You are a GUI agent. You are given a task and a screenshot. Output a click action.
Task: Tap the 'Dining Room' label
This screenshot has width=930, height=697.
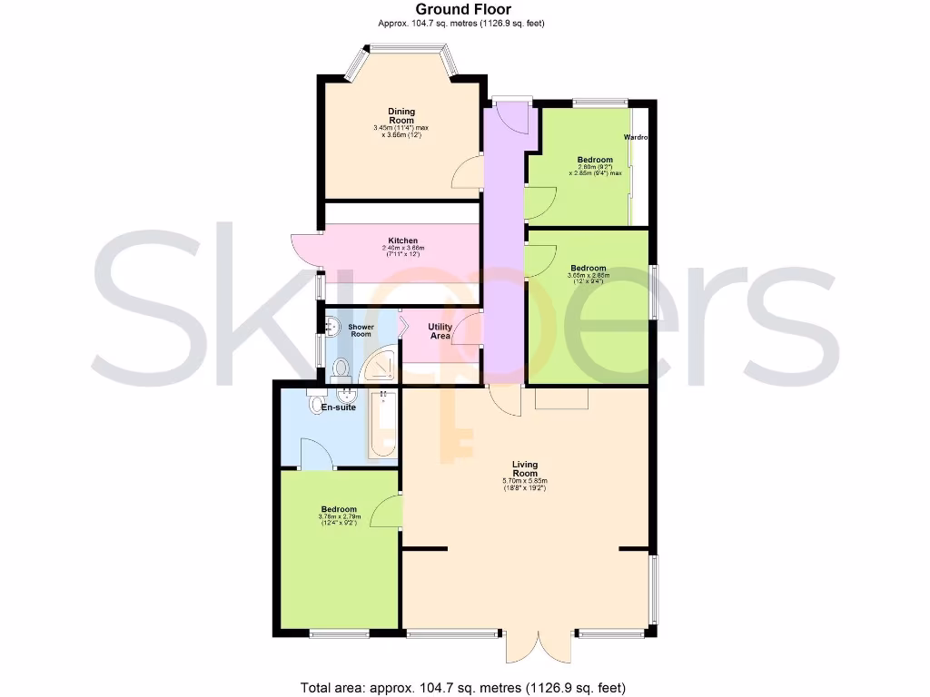point(401,115)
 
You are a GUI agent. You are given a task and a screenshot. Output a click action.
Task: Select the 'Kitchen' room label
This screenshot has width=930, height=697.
point(402,241)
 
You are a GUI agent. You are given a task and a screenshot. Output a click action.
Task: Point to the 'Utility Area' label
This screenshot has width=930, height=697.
point(440,331)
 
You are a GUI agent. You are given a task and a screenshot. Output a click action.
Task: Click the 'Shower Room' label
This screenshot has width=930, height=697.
point(361,329)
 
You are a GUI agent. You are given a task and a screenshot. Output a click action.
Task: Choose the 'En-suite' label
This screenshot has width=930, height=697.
point(338,408)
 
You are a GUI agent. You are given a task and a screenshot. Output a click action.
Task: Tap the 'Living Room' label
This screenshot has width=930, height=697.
point(525,468)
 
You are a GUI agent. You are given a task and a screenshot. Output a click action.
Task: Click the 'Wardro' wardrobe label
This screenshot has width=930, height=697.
point(635,138)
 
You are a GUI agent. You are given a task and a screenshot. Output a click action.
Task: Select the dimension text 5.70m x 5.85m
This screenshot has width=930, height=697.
point(525,481)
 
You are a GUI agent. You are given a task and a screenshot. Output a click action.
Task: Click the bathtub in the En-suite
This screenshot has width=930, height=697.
point(381,425)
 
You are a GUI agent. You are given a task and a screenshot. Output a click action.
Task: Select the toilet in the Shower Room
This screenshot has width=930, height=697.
point(341,368)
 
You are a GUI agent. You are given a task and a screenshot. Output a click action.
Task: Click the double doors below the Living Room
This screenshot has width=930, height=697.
point(538,645)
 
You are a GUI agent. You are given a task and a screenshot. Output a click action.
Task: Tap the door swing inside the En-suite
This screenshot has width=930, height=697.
point(313,454)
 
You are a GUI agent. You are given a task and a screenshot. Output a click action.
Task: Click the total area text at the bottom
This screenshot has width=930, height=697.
point(463,687)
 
